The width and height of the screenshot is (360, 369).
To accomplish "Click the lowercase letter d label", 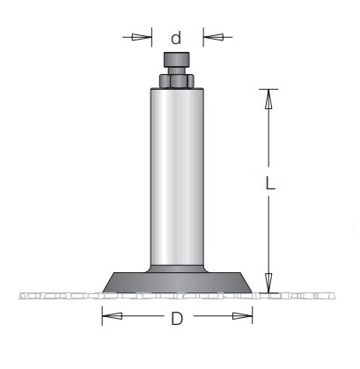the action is click(x=176, y=38).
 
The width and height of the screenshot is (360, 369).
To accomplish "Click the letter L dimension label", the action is click(x=270, y=182).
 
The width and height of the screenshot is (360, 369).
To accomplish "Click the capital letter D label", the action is click(x=177, y=319).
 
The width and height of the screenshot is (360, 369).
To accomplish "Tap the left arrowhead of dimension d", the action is click(x=142, y=37).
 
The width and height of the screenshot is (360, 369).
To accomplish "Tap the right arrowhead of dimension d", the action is click(x=213, y=37).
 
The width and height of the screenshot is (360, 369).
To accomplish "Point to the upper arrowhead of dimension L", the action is click(x=268, y=99).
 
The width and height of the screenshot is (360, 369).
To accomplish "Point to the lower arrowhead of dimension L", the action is click(x=268, y=283).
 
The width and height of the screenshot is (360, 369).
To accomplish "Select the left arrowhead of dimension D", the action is click(x=112, y=316).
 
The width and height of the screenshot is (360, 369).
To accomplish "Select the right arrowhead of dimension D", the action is click(x=242, y=316).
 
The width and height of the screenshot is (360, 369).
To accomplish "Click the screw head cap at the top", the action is click(x=176, y=60).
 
